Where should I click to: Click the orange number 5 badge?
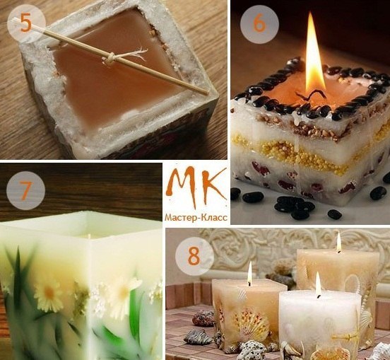pos(26,23)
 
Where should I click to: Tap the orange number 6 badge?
pos(259,24)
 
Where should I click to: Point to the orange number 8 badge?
pos(194,256)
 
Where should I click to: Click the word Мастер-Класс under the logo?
pos(196,217)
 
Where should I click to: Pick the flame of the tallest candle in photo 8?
pos(338,241)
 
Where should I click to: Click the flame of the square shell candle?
pos(249,273)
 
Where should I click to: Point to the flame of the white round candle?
pos(318,284)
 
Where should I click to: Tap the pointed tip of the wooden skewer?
pos(208,93)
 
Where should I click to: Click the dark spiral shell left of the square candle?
pos(203,319)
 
